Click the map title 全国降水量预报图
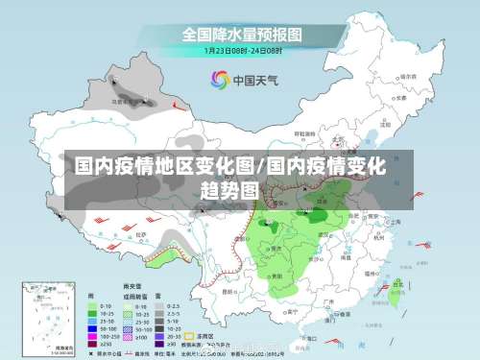pyautogui.click(x=242, y=35)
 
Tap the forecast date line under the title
pyautogui.click(x=242, y=51)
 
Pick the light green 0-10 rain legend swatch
pyautogui.click(x=93, y=305)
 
